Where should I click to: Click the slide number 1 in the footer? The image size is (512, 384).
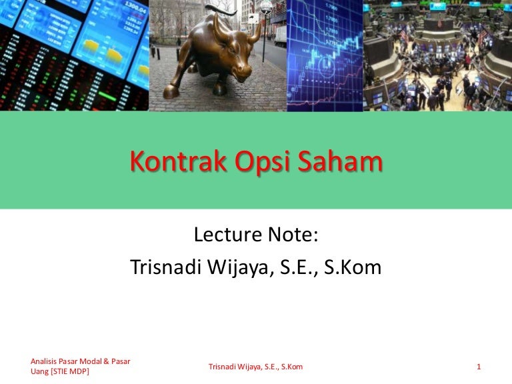[x=479, y=367]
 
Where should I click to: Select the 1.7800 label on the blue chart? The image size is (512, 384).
[x=333, y=7]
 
